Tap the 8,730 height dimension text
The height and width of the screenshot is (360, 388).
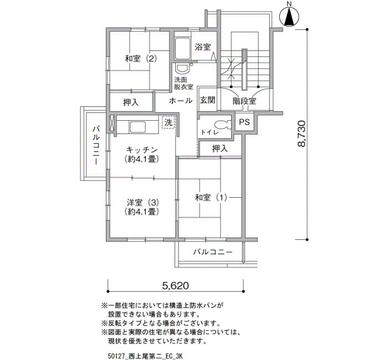[x=302, y=134]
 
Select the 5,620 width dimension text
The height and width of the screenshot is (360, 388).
[x=176, y=286]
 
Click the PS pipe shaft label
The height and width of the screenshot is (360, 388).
[x=244, y=122]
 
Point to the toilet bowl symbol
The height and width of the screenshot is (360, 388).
[x=222, y=124]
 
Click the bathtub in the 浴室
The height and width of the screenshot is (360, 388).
[x=183, y=49]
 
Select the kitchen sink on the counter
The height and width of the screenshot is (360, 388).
[x=136, y=127]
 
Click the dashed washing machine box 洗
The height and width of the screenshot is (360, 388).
[x=169, y=122]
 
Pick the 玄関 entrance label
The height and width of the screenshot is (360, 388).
[x=208, y=100]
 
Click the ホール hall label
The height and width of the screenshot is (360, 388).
[x=181, y=101]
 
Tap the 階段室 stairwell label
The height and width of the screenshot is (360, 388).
[x=244, y=101]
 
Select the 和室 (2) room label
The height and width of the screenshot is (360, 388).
[x=141, y=59]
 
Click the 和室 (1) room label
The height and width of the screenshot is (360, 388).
[x=211, y=198]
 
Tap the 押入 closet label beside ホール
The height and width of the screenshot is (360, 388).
[x=131, y=102]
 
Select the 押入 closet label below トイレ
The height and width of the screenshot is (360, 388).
[x=219, y=148]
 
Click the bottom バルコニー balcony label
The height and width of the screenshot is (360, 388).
[x=213, y=252]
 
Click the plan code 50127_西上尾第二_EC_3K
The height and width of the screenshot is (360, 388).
[x=145, y=356]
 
